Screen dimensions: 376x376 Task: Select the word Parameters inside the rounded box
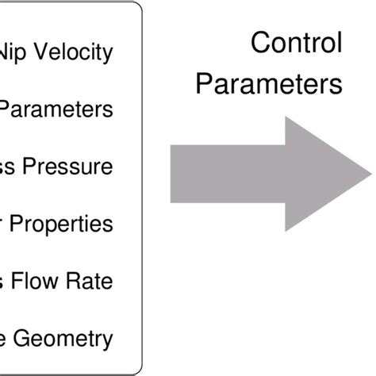[56, 109]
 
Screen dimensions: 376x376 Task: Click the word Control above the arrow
[297, 43]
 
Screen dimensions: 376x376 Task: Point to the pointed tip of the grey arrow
[370, 174]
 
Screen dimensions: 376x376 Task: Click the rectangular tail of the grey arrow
[222, 174]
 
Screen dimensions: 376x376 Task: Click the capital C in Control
[259, 43]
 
